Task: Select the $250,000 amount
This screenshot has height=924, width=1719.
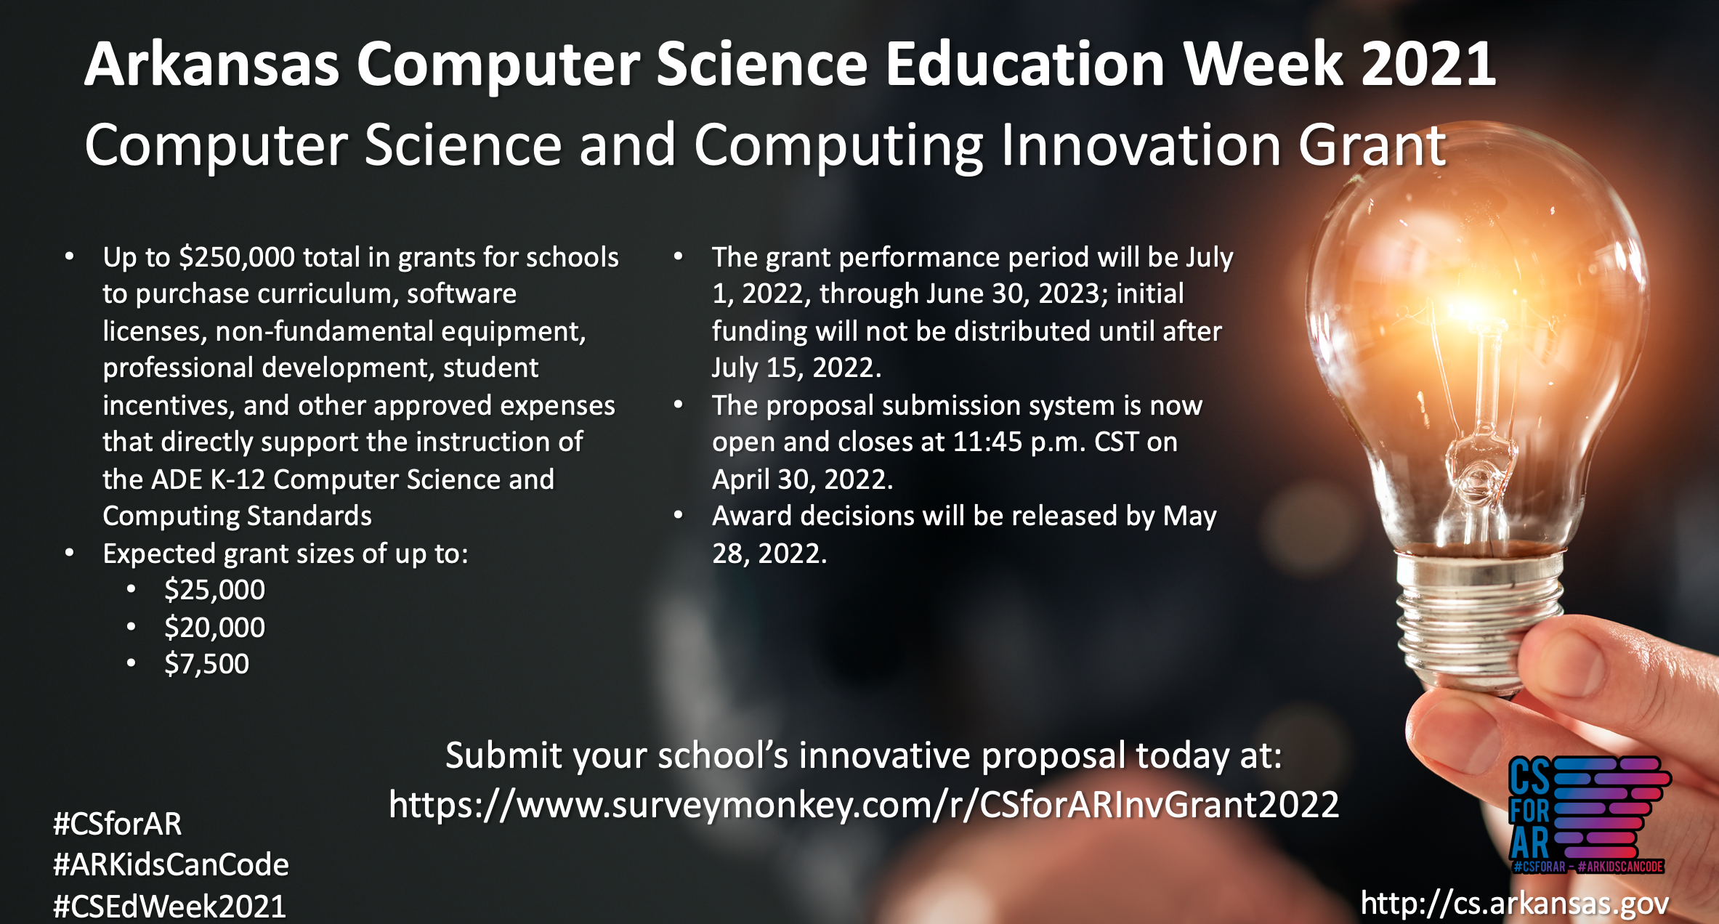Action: coord(237,258)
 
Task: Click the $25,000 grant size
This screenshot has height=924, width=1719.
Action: coord(214,590)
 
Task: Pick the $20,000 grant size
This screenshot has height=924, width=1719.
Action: coord(214,628)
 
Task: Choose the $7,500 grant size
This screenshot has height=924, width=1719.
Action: coord(206,664)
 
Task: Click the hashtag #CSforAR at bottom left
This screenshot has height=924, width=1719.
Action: coord(118,824)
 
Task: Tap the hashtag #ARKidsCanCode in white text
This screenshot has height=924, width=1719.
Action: coord(171,864)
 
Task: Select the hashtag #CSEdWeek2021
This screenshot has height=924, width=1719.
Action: coord(170,906)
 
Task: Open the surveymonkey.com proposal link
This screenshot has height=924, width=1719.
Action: coord(864,805)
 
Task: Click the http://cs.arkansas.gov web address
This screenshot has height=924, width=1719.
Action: coord(1515,903)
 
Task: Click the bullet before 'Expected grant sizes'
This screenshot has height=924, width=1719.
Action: coord(69,554)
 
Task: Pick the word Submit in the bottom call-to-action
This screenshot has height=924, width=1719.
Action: coord(503,755)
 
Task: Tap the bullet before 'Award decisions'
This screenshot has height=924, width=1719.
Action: coord(679,515)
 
